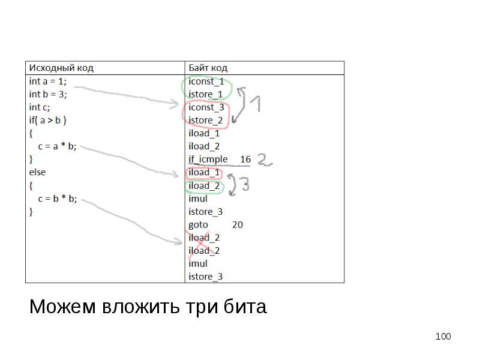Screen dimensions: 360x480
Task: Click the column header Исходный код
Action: [x=61, y=68]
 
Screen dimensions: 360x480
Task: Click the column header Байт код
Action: [x=208, y=68]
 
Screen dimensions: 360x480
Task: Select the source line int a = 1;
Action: [x=48, y=81]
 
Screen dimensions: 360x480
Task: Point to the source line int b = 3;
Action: [x=48, y=94]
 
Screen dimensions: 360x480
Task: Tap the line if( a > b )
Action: [x=48, y=120]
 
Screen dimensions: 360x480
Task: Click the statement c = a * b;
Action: [x=57, y=146]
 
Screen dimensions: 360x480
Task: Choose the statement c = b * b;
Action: [x=57, y=199]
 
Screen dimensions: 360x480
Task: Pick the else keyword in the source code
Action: [x=37, y=172]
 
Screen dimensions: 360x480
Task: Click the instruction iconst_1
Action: [x=206, y=82]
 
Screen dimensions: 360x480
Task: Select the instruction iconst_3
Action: [x=206, y=107]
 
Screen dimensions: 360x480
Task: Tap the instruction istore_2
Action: [x=206, y=121]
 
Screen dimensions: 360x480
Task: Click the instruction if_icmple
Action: [x=208, y=160]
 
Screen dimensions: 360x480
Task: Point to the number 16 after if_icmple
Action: [x=245, y=160]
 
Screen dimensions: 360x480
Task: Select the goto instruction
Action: [x=198, y=225]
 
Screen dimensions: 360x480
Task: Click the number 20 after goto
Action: [x=238, y=225]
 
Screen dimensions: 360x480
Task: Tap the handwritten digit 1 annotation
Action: [x=255, y=106]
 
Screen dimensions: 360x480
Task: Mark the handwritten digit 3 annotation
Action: [x=244, y=186]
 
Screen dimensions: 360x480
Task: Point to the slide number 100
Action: [x=443, y=337]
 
